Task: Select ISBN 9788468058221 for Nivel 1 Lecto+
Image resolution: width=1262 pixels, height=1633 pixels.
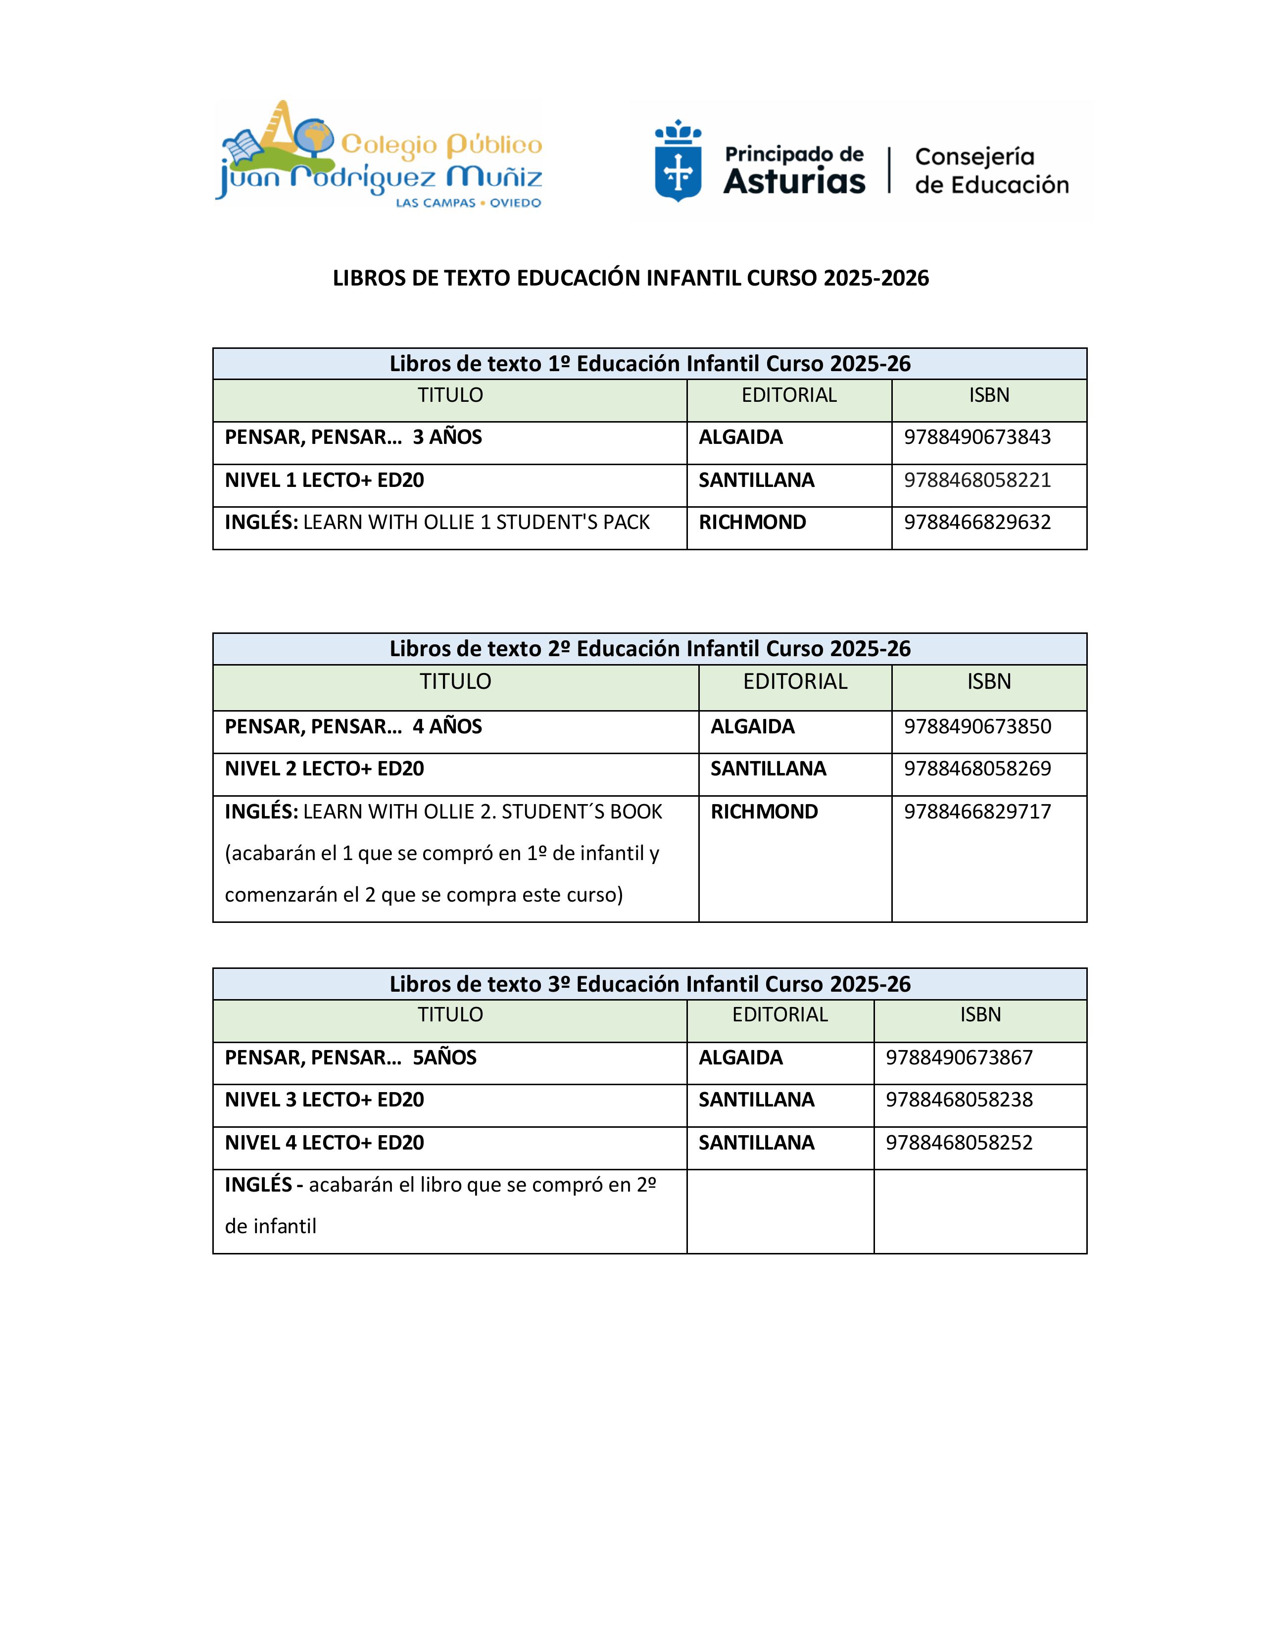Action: [x=976, y=480]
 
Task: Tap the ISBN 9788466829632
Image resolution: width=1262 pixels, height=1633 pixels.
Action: [x=976, y=522]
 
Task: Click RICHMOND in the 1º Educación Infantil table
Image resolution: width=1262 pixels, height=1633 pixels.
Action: [x=752, y=522]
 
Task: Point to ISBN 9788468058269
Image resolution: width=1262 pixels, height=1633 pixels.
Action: [x=976, y=768]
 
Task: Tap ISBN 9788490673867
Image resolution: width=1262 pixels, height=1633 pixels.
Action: [x=959, y=1057]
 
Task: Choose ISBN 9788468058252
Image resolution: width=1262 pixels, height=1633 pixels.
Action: [x=959, y=1143]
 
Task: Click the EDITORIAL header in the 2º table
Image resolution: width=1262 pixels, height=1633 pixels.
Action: [x=795, y=682]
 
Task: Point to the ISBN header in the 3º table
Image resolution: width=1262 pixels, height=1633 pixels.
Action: [x=980, y=1014]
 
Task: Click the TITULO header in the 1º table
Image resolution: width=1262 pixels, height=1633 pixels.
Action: [x=450, y=395]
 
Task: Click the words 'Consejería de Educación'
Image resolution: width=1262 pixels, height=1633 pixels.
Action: [x=991, y=171]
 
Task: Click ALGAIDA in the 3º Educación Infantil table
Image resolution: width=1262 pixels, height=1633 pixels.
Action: [x=740, y=1057]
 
